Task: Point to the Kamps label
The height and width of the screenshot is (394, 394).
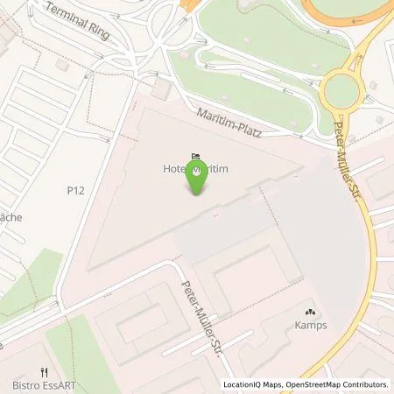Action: (309, 327)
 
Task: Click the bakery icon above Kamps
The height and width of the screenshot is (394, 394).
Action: (309, 312)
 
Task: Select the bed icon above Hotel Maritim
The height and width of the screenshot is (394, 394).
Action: (193, 156)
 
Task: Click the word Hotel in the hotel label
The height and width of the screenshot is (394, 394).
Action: (175, 172)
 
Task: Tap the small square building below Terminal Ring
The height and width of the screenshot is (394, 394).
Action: (161, 90)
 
